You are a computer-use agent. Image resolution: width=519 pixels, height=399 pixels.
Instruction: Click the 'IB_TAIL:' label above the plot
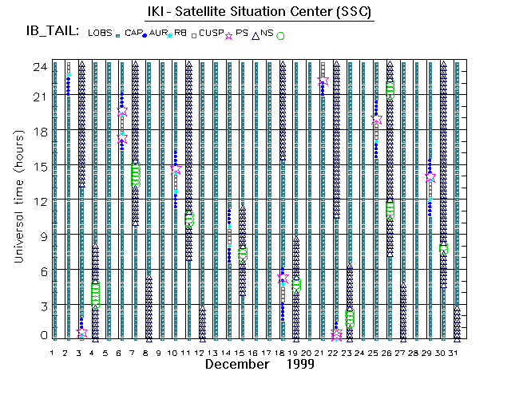coord(51,32)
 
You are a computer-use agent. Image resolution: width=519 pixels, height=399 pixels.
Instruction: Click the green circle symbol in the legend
coord(280,35)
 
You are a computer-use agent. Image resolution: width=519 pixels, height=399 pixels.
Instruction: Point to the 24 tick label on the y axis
coord(38,67)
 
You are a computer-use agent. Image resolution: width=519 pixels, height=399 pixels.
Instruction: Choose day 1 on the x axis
coord(53,352)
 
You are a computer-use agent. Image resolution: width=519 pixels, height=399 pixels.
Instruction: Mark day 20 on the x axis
coord(309,352)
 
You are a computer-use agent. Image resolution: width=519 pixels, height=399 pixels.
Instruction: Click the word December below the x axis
coord(236,364)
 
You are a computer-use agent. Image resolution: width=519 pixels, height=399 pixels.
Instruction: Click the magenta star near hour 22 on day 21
coord(323,82)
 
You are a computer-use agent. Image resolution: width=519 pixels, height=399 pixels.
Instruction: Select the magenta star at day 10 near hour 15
coord(176,170)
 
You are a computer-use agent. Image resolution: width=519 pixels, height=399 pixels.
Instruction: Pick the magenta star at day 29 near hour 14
coord(430,177)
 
